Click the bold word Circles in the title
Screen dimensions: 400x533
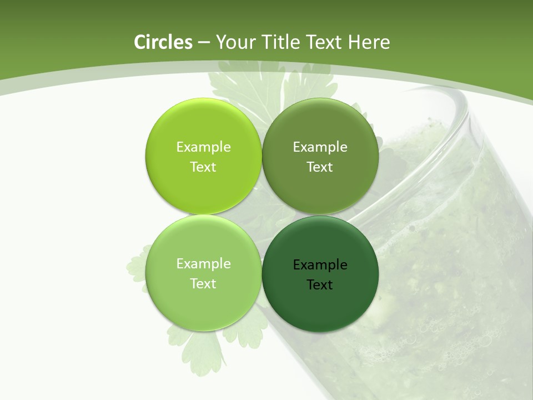click(x=163, y=42)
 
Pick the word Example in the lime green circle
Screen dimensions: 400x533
click(x=203, y=147)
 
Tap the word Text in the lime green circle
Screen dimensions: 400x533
click(x=203, y=167)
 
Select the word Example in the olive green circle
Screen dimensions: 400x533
click(x=320, y=147)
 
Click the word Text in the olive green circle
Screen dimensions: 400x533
click(x=320, y=167)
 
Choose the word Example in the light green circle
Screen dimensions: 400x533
click(x=203, y=263)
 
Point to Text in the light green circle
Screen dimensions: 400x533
click(x=203, y=283)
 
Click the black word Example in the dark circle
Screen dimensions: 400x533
click(x=320, y=264)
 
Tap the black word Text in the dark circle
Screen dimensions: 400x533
click(x=320, y=284)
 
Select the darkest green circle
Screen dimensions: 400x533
click(x=320, y=311)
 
